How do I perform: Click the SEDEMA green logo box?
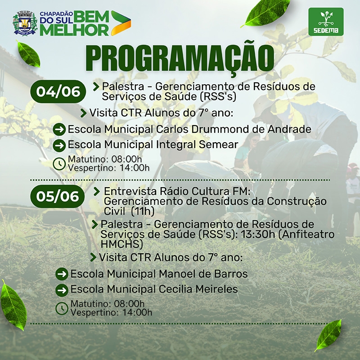(326, 22)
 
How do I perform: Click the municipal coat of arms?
(25, 23)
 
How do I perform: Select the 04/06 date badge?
(58, 91)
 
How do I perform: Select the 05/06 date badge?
(58, 196)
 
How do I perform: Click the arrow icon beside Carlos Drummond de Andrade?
(59, 130)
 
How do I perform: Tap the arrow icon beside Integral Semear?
(59, 145)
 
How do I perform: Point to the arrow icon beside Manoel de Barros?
(62, 274)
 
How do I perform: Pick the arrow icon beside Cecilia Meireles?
(62, 290)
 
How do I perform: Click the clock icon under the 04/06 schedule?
(59, 164)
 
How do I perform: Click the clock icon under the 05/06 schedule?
(62, 308)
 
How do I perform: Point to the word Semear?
(219, 144)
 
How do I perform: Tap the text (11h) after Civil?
(142, 211)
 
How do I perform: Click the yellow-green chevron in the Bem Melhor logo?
(121, 23)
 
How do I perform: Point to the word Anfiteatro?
(306, 234)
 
